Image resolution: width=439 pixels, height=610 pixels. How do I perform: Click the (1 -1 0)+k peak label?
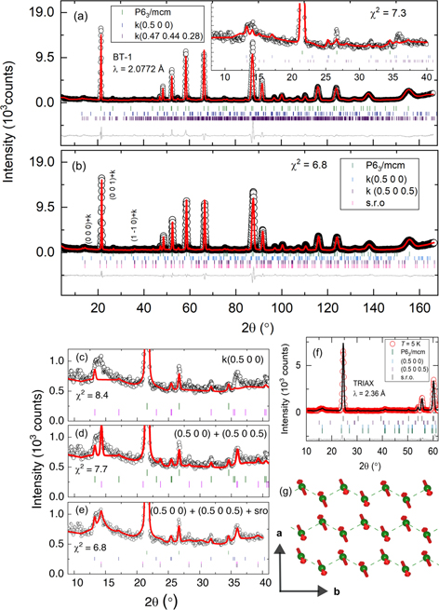[x=136, y=229]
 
